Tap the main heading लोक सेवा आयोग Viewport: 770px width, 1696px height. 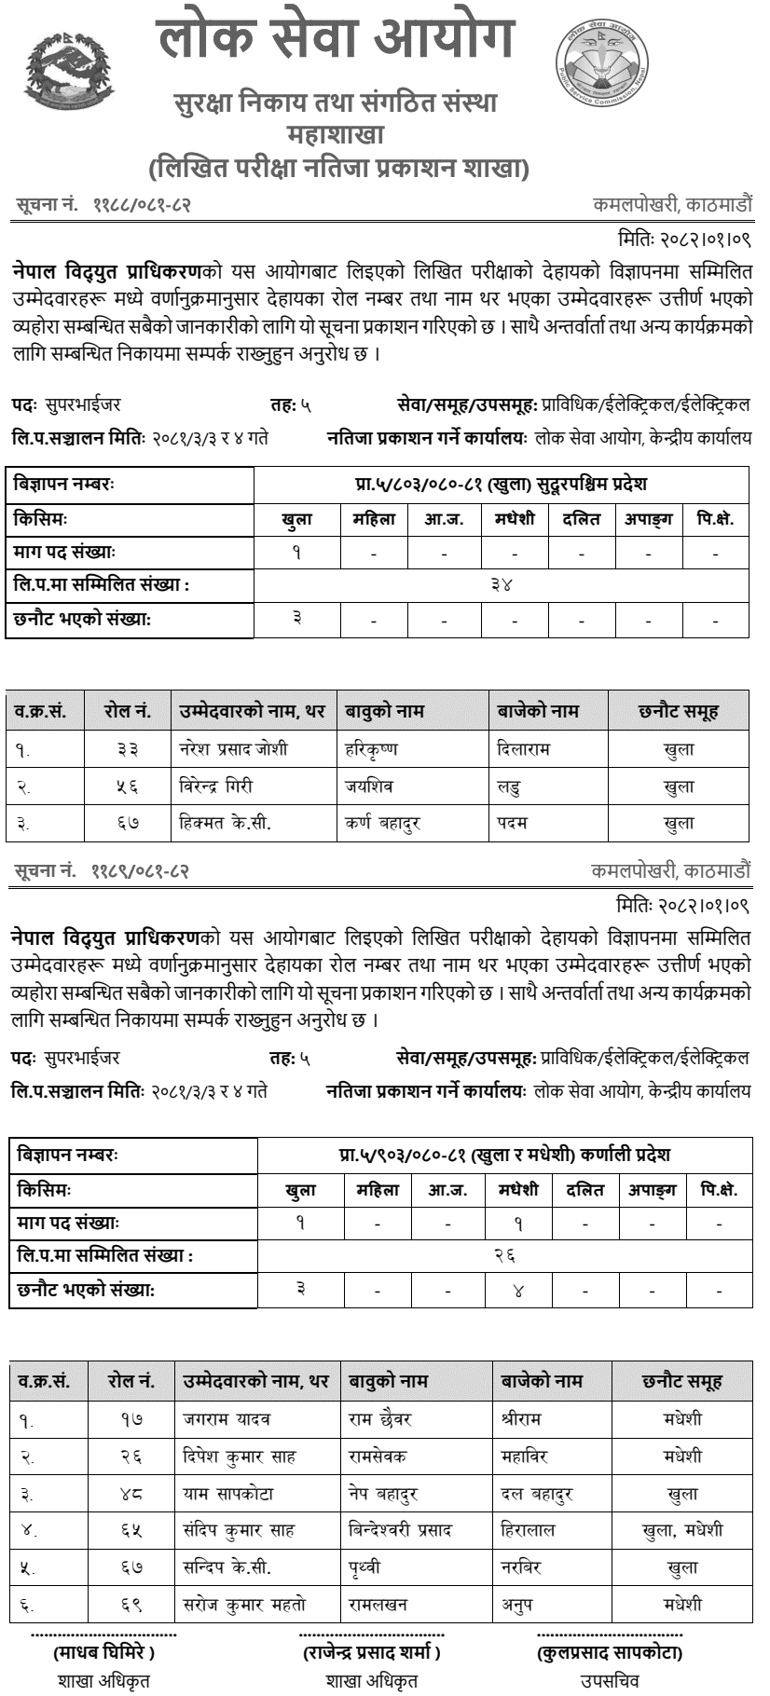click(337, 41)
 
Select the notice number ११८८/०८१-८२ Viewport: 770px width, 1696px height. click(141, 204)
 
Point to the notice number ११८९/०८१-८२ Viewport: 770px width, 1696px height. click(141, 871)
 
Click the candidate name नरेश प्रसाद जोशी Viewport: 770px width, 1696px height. click(233, 748)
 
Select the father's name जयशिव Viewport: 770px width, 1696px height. click(368, 786)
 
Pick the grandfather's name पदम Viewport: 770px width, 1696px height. click(513, 823)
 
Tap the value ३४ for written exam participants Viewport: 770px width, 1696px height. click(502, 584)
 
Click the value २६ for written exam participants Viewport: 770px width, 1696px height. click(504, 1255)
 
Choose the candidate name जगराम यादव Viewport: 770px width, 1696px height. click(227, 1419)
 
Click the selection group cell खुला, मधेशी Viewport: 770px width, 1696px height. click(682, 1530)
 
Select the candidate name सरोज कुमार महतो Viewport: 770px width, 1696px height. click(244, 1605)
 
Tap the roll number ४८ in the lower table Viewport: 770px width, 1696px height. click(131, 1493)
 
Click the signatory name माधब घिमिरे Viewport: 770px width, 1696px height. click(103, 1653)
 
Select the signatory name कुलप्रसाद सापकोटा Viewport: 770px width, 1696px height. click(610, 1653)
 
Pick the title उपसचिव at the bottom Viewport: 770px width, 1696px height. click(610, 1681)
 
